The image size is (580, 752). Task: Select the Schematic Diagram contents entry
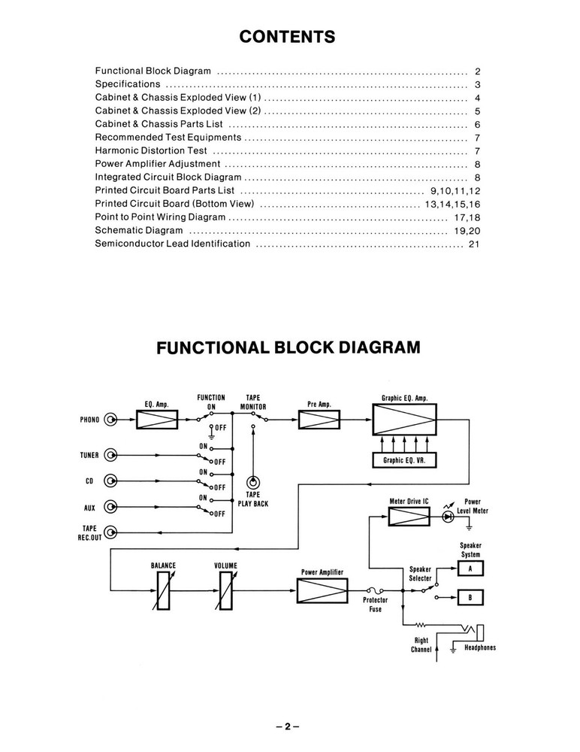coord(139,230)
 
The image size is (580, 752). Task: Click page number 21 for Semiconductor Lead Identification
coord(473,244)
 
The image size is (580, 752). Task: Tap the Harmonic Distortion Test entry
coord(151,150)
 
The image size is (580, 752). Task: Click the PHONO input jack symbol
coord(111,420)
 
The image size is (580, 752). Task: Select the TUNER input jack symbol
coord(111,455)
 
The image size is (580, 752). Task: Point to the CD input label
coord(89,481)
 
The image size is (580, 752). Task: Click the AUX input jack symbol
coord(111,506)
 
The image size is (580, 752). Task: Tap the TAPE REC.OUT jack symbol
coord(111,532)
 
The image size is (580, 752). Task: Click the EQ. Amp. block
coord(156,420)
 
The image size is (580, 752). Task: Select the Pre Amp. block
coord(319,420)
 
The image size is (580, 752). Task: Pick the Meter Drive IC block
coord(409,517)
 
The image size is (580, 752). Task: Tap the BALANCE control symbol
coord(163,590)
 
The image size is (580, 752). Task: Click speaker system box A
coord(470,569)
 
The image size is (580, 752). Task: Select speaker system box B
coord(470,598)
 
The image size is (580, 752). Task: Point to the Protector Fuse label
coord(376,605)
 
